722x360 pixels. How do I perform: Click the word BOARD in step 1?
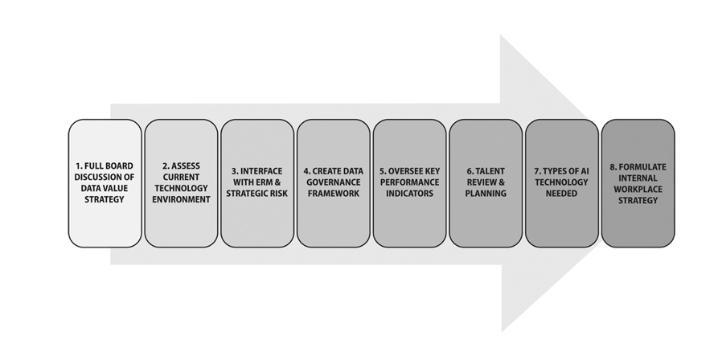(x=119, y=166)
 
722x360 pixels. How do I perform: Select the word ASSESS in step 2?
(x=186, y=166)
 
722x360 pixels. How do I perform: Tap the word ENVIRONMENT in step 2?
(x=181, y=199)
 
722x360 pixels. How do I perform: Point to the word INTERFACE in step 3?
(x=261, y=171)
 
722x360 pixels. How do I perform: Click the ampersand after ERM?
(x=277, y=182)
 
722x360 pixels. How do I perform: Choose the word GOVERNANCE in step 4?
(x=334, y=182)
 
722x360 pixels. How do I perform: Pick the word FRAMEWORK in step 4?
(x=334, y=194)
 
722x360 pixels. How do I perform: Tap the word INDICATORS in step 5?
(x=409, y=194)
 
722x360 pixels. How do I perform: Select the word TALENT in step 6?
(x=490, y=171)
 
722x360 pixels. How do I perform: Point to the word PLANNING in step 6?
(x=486, y=194)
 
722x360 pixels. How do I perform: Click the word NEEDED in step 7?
(x=561, y=194)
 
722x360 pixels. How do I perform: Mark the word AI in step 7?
(x=585, y=171)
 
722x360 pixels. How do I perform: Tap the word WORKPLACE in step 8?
(x=638, y=189)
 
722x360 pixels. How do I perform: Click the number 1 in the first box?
(x=79, y=166)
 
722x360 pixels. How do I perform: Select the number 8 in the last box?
(x=613, y=166)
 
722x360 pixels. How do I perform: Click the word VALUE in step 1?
(x=115, y=188)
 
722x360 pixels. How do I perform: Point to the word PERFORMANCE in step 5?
(x=409, y=182)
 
